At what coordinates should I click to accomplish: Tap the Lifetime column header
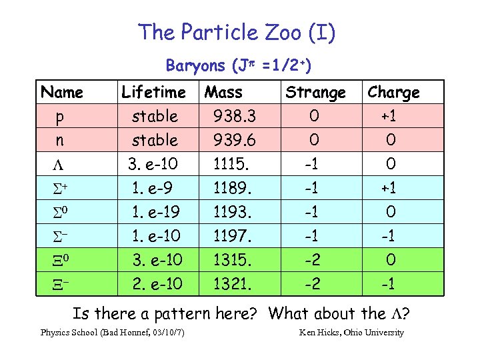[x=153, y=92]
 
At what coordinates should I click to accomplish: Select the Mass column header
[x=223, y=92]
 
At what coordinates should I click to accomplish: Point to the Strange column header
[x=315, y=92]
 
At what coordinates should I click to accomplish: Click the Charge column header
[x=393, y=92]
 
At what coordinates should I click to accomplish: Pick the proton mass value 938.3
[x=234, y=117]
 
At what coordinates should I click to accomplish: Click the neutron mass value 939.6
[x=234, y=141]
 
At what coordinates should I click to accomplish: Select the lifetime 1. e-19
[x=156, y=212]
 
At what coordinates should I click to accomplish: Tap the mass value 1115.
[x=231, y=164]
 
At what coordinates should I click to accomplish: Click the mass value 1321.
[x=231, y=284]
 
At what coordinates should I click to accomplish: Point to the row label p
[x=60, y=117]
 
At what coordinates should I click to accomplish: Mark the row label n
[x=60, y=141]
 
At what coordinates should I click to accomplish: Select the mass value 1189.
[x=231, y=188]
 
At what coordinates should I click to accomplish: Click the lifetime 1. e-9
[x=153, y=188]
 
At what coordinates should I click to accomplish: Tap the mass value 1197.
[x=231, y=236]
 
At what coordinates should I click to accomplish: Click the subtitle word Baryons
[x=195, y=65]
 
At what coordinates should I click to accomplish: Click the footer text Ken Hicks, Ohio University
[x=351, y=333]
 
